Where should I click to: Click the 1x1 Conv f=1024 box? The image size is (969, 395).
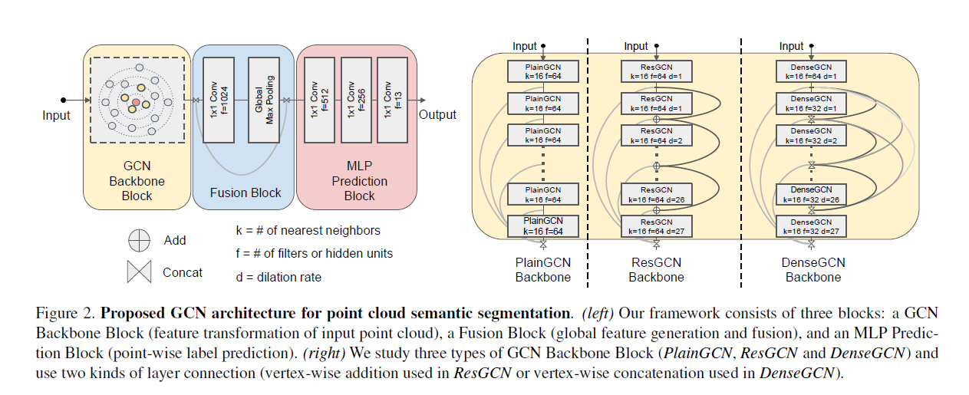(219, 100)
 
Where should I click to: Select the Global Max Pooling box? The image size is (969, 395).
(263, 100)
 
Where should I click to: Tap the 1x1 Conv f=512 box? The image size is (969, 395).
(318, 100)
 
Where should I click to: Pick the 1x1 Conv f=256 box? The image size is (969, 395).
(356, 100)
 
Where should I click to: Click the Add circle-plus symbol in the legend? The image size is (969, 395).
(139, 241)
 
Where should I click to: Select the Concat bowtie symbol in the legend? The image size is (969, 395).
(139, 272)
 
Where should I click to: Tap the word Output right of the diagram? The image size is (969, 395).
(437, 115)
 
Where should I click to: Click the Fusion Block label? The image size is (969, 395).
(246, 193)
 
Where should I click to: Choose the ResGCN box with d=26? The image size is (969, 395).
(656, 195)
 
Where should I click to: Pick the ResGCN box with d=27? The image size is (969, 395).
(656, 225)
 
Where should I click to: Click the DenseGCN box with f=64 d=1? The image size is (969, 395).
(812, 71)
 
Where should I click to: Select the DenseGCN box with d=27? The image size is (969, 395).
(812, 225)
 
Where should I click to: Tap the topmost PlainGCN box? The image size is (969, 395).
(543, 71)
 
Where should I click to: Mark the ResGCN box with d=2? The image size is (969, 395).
(656, 135)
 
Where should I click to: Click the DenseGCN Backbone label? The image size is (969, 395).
(812, 270)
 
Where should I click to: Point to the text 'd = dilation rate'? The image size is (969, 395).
(279, 277)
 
